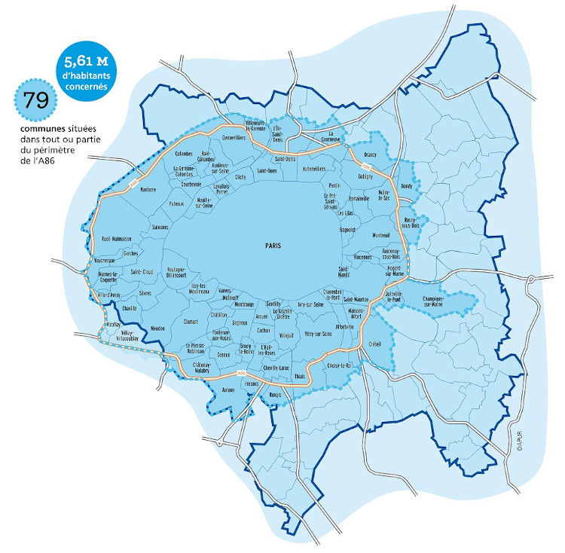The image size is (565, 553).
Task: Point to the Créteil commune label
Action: [x=376, y=344]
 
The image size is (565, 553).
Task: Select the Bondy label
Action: [x=408, y=185]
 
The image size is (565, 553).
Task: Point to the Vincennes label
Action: [x=362, y=257]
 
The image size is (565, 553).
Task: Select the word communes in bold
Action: [x=38, y=127]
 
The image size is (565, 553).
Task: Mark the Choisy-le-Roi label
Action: [x=341, y=365]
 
